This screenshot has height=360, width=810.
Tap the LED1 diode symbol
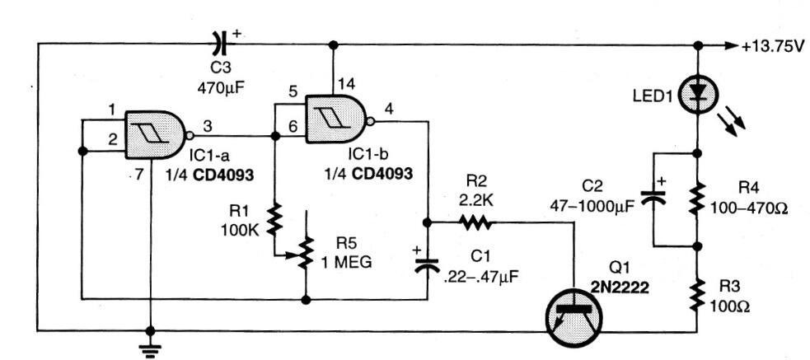pyautogui.click(x=698, y=97)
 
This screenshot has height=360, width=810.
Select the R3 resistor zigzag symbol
pyautogui.click(x=698, y=292)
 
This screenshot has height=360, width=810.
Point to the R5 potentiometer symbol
pyautogui.click(x=306, y=252)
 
